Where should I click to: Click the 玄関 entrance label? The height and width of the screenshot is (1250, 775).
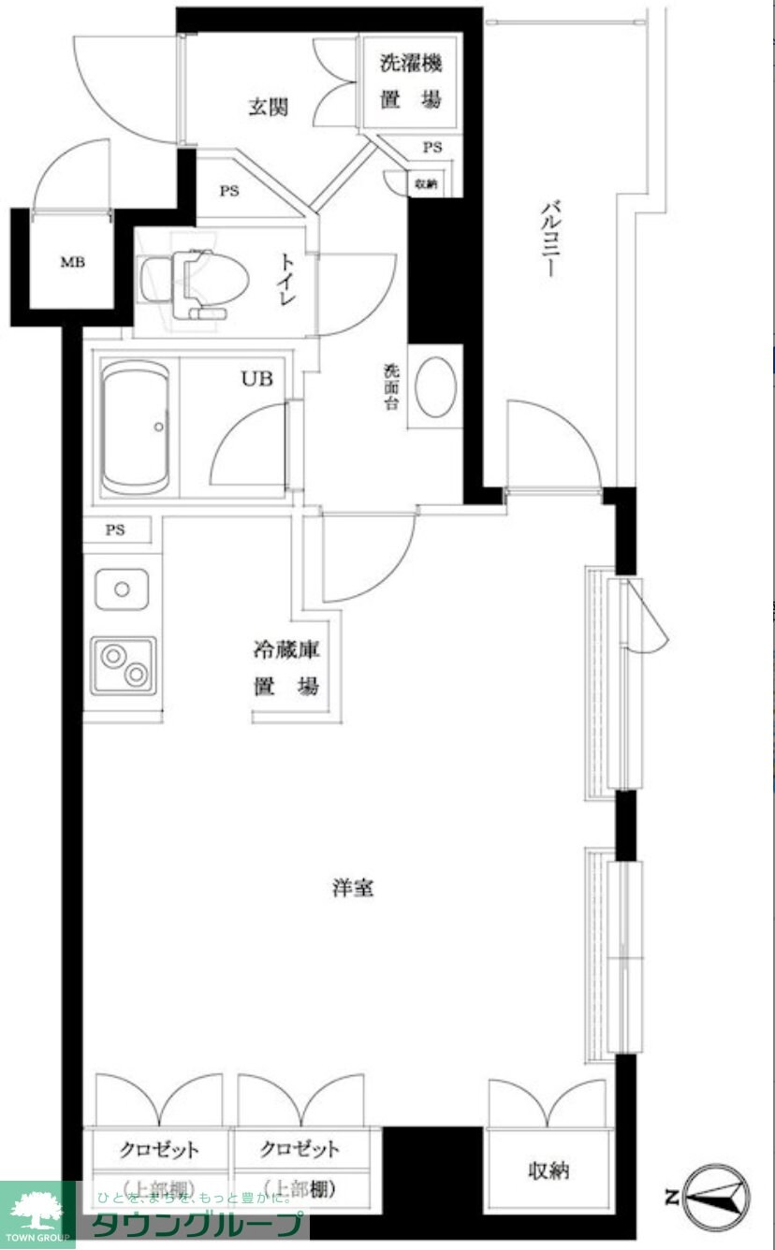click(268, 107)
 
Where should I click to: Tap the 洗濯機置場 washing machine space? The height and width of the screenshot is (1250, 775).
click(410, 81)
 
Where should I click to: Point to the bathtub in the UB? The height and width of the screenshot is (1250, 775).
click(136, 428)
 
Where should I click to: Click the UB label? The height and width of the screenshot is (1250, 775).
click(257, 379)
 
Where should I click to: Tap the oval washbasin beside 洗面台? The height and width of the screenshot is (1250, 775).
click(435, 386)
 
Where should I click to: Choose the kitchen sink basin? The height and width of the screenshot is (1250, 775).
click(122, 589)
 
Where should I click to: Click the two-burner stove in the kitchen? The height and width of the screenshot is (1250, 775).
click(124, 664)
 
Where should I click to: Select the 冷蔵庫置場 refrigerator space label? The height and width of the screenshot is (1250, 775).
click(286, 668)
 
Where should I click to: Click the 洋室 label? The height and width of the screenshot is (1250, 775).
click(353, 888)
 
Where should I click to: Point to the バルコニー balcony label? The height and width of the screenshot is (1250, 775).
click(552, 239)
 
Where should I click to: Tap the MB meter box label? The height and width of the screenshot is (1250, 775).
click(73, 262)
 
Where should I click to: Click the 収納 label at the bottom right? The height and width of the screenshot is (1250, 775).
click(548, 1170)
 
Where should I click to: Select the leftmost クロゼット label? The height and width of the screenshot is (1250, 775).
click(159, 1149)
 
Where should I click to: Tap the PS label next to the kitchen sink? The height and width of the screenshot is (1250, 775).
click(115, 531)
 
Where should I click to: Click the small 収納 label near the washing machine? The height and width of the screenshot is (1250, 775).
click(426, 184)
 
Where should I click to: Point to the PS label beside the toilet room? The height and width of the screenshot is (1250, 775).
click(229, 191)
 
